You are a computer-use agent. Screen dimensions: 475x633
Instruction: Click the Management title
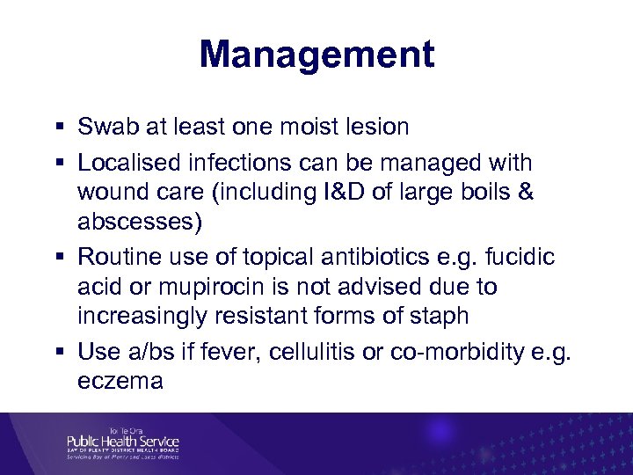[316, 55]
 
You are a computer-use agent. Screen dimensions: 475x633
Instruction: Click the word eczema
[120, 382]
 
